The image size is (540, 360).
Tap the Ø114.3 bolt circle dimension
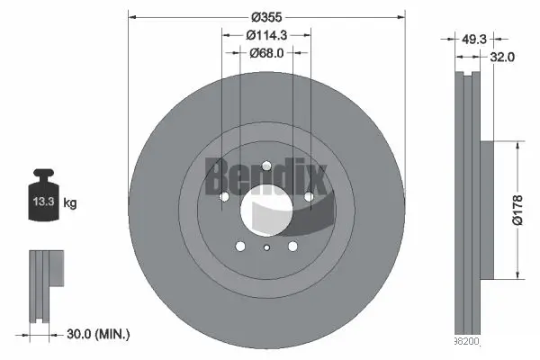[x=267, y=35]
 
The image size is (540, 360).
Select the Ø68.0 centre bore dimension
[x=267, y=52]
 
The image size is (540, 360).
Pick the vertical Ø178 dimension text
[x=517, y=211]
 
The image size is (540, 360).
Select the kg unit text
[x=70, y=203]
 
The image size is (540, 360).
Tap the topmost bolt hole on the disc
[x=266, y=166]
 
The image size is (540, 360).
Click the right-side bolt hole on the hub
[x=308, y=196]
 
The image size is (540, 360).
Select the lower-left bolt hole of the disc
[x=241, y=247]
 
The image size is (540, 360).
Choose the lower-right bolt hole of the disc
[x=292, y=247]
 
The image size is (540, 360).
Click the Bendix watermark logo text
[x=256, y=175]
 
